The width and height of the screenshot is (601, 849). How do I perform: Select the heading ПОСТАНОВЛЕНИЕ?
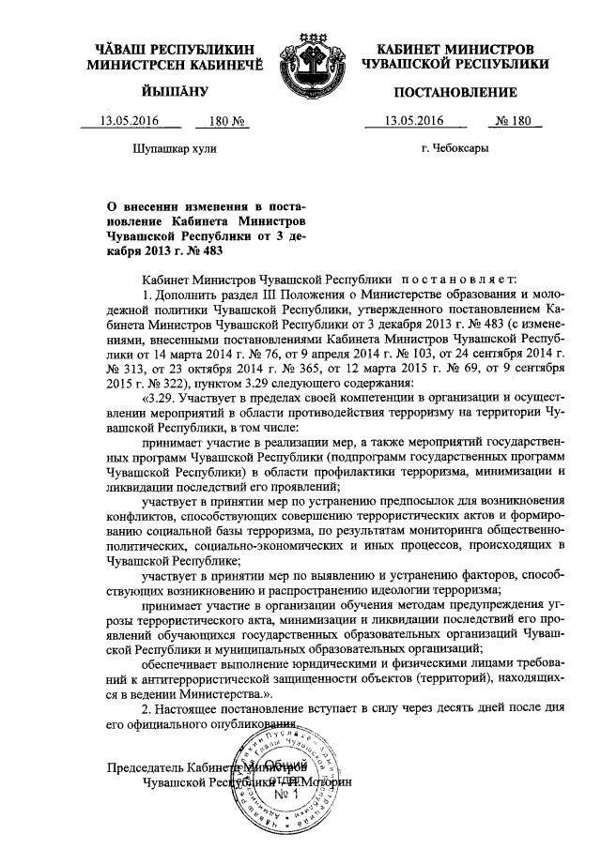pyautogui.click(x=455, y=92)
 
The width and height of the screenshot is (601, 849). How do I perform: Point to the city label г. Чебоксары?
pyautogui.click(x=455, y=147)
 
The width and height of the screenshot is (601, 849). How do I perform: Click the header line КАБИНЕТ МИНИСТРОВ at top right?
pyautogui.click(x=455, y=48)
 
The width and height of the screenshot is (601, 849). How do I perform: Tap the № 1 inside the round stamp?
pyautogui.click(x=284, y=794)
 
